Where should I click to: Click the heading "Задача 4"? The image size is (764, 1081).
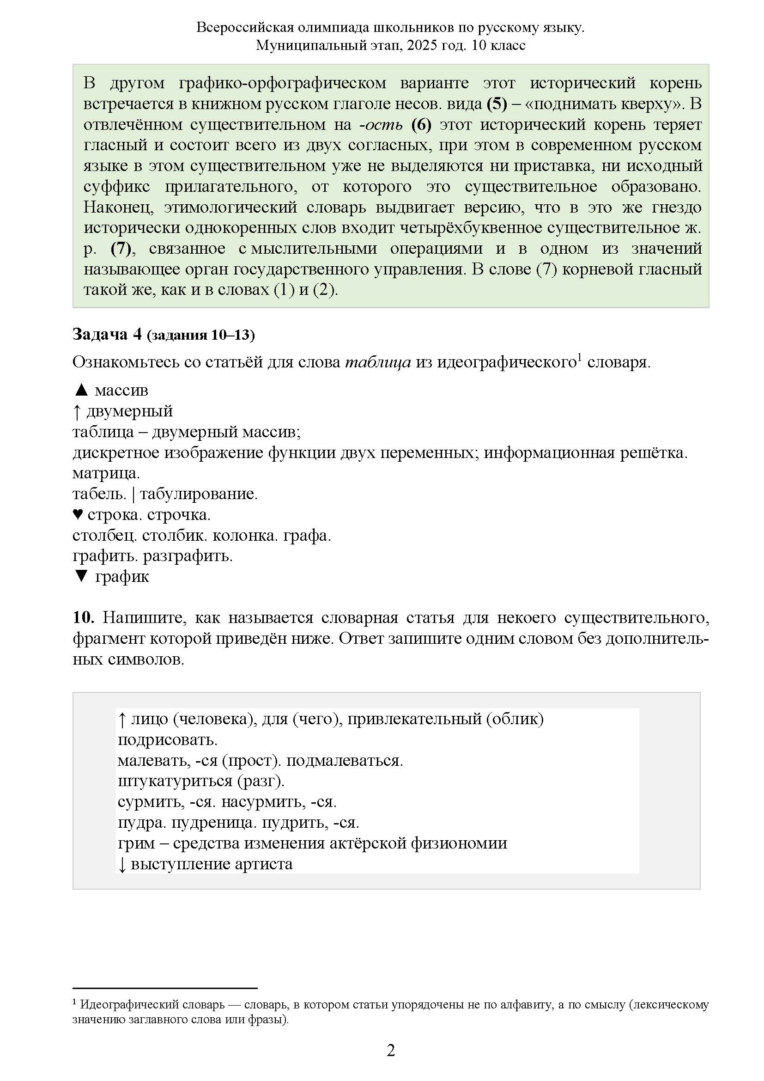click(x=107, y=334)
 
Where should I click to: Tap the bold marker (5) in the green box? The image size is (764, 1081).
click(x=497, y=104)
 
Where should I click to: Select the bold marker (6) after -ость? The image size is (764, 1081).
click(x=421, y=124)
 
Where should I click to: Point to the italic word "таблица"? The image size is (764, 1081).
click(x=378, y=362)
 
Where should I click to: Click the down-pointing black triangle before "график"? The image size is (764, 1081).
click(x=81, y=576)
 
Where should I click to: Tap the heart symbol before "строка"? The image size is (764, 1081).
click(x=78, y=514)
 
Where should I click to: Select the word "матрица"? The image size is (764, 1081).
click(x=106, y=473)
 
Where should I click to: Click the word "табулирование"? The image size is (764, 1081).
click(x=199, y=494)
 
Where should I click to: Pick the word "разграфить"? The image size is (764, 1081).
click(x=188, y=556)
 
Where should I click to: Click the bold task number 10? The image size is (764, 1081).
click(x=83, y=617)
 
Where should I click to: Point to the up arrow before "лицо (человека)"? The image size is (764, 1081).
click(x=122, y=719)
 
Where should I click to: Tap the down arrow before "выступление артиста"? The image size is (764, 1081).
click(x=122, y=864)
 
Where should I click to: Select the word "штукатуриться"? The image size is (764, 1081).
click(x=175, y=781)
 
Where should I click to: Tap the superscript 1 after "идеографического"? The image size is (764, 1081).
click(x=580, y=358)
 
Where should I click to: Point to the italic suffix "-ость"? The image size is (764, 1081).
click(x=381, y=124)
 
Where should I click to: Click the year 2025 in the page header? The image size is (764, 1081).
click(x=423, y=45)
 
